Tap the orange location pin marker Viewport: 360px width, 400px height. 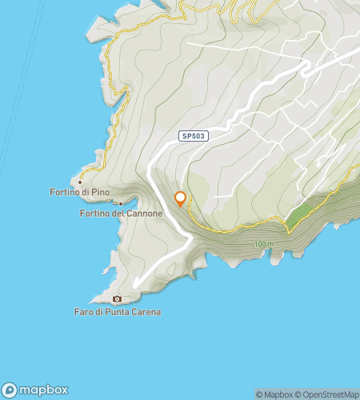(x=181, y=198)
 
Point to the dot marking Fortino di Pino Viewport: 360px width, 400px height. (x=80, y=182)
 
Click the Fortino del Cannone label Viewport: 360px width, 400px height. (x=122, y=214)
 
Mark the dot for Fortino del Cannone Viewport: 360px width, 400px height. (x=120, y=203)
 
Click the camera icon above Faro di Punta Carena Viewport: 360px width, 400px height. (x=118, y=299)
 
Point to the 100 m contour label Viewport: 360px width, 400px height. (x=262, y=244)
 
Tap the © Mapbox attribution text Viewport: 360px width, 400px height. (x=274, y=394)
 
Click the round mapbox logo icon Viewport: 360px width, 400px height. (x=10, y=390)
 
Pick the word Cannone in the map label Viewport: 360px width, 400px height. (x=145, y=214)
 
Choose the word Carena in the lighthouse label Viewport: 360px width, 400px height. (x=146, y=311)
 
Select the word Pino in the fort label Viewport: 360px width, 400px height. (x=97, y=193)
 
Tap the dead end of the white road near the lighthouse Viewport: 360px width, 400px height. (x=135, y=286)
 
